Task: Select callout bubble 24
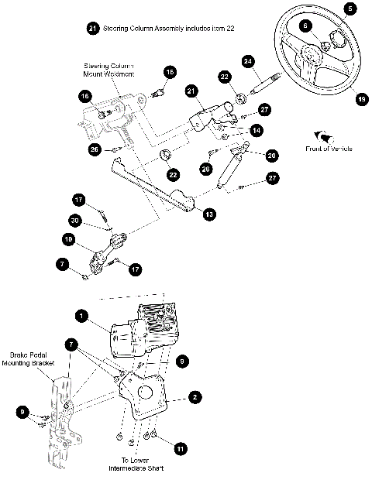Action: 248,60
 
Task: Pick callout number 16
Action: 84,97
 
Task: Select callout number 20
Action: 271,155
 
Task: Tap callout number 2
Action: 196,396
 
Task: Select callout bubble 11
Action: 180,448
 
